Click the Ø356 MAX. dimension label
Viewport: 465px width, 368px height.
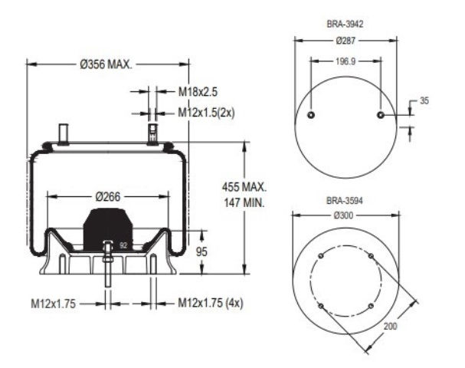(106, 64)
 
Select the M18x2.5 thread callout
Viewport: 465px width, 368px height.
(198, 92)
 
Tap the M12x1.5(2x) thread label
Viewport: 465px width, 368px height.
(206, 113)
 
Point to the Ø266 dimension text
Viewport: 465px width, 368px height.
(108, 196)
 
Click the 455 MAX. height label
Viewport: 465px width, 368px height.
(244, 187)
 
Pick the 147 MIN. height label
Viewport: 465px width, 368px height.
(244, 202)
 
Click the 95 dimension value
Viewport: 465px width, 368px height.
(201, 251)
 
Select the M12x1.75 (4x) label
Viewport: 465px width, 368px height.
(210, 303)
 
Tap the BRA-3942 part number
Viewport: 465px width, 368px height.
(345, 24)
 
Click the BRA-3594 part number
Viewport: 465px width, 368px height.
(345, 201)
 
